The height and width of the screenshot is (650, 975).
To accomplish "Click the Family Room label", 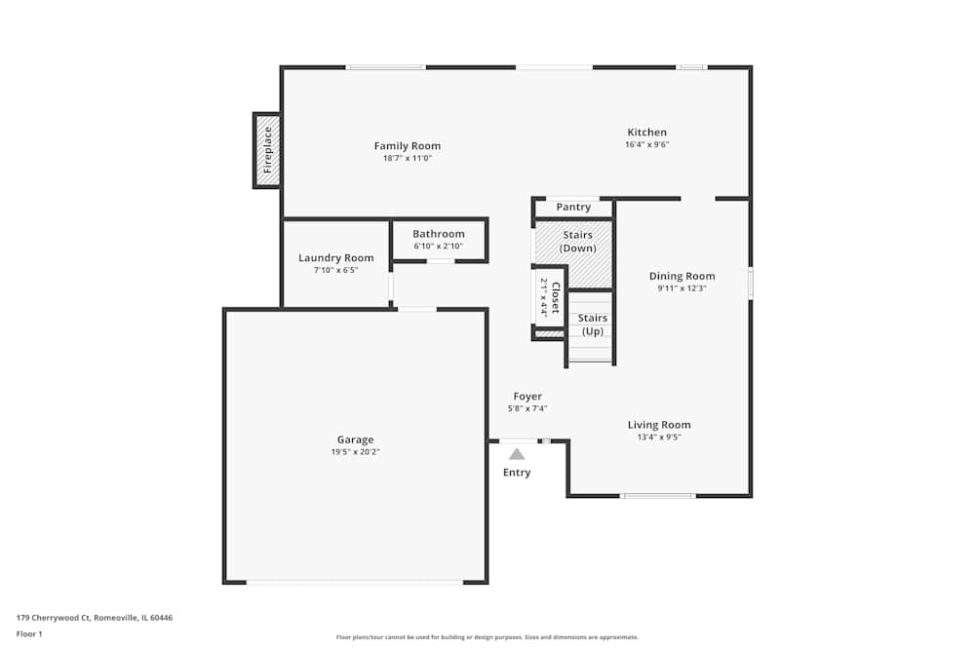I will tap(407, 146).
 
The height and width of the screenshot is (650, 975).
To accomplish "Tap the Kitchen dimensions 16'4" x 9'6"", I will tap(646, 145).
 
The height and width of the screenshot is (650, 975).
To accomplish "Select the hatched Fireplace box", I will tap(267, 150).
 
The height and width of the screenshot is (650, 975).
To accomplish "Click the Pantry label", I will tap(573, 208).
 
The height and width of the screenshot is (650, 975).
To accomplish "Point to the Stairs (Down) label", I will tap(577, 242).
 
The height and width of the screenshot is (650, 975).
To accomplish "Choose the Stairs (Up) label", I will tap(592, 325).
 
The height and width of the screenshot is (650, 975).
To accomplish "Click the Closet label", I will tap(556, 298).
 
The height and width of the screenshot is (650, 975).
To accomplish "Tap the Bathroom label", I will tap(438, 234).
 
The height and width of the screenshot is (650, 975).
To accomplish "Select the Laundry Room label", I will tap(335, 258).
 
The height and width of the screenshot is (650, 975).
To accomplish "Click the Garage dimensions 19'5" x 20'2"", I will tap(355, 452).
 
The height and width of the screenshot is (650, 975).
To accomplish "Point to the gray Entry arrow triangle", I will tap(517, 453).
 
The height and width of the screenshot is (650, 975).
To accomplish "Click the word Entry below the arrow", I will tap(517, 473).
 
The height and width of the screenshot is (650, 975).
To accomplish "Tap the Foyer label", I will tap(527, 397).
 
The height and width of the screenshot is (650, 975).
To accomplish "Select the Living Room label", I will tap(659, 425).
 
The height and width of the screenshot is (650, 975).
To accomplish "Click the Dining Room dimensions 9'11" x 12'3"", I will tap(682, 288).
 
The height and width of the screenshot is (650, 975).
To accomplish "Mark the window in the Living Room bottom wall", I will tap(658, 496).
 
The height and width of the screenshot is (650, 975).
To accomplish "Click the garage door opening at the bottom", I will tap(355, 582).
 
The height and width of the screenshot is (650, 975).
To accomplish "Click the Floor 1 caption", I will tap(29, 633).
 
